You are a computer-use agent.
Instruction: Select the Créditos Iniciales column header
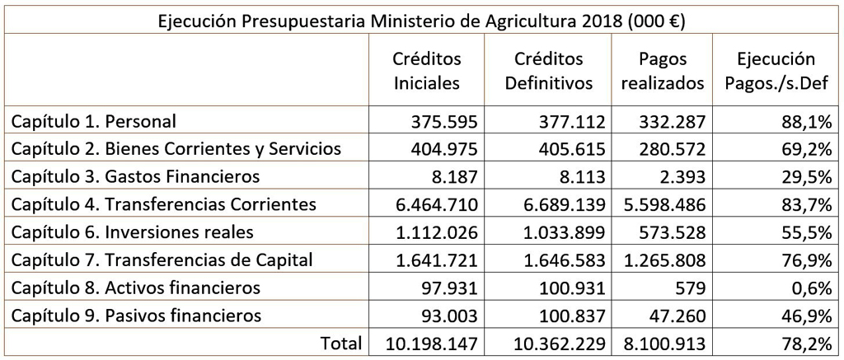click(426, 71)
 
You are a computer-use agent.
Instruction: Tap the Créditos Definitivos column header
click(548, 71)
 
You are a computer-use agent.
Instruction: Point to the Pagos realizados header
click(663, 71)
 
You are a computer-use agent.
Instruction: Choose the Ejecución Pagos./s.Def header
click(776, 71)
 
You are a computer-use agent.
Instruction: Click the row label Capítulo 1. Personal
click(94, 121)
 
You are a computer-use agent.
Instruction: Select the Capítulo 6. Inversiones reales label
click(132, 232)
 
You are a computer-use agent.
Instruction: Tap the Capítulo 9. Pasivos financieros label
click(136, 316)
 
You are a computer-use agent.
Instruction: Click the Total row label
click(341, 343)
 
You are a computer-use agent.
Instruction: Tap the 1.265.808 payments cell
click(663, 260)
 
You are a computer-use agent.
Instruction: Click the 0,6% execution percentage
click(812, 288)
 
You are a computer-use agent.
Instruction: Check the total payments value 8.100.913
click(663, 343)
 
